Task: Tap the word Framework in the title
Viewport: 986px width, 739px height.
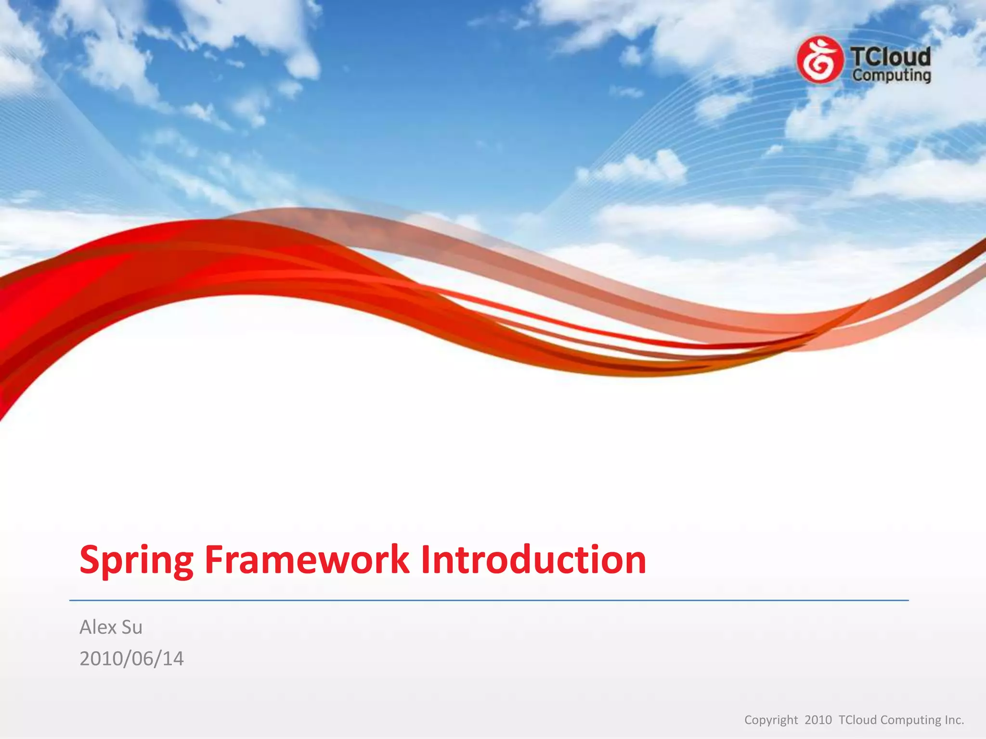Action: pyautogui.click(x=307, y=560)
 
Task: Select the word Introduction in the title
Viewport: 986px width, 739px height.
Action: pyautogui.click(x=533, y=560)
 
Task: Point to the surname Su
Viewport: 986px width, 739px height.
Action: pyautogui.click(x=131, y=627)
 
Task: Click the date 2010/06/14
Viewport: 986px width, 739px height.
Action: pyautogui.click(x=131, y=659)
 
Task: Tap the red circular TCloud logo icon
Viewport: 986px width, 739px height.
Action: pyautogui.click(x=819, y=60)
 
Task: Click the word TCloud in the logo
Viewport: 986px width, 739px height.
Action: pyautogui.click(x=891, y=57)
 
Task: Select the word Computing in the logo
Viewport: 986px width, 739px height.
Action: pyautogui.click(x=891, y=76)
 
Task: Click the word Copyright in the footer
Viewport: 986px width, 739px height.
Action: pyautogui.click(x=771, y=720)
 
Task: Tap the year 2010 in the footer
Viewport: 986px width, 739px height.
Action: pyautogui.click(x=818, y=720)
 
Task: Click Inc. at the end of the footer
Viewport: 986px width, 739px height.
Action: pyautogui.click(x=954, y=720)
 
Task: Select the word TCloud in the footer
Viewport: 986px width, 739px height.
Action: pyautogui.click(x=857, y=720)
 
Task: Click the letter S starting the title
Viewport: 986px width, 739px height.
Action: pyautogui.click(x=90, y=560)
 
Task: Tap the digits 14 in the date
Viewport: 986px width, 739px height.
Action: pyautogui.click(x=173, y=659)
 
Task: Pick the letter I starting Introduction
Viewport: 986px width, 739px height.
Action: pyautogui.click(x=426, y=560)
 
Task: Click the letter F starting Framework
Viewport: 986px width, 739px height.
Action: pyautogui.click(x=214, y=560)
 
